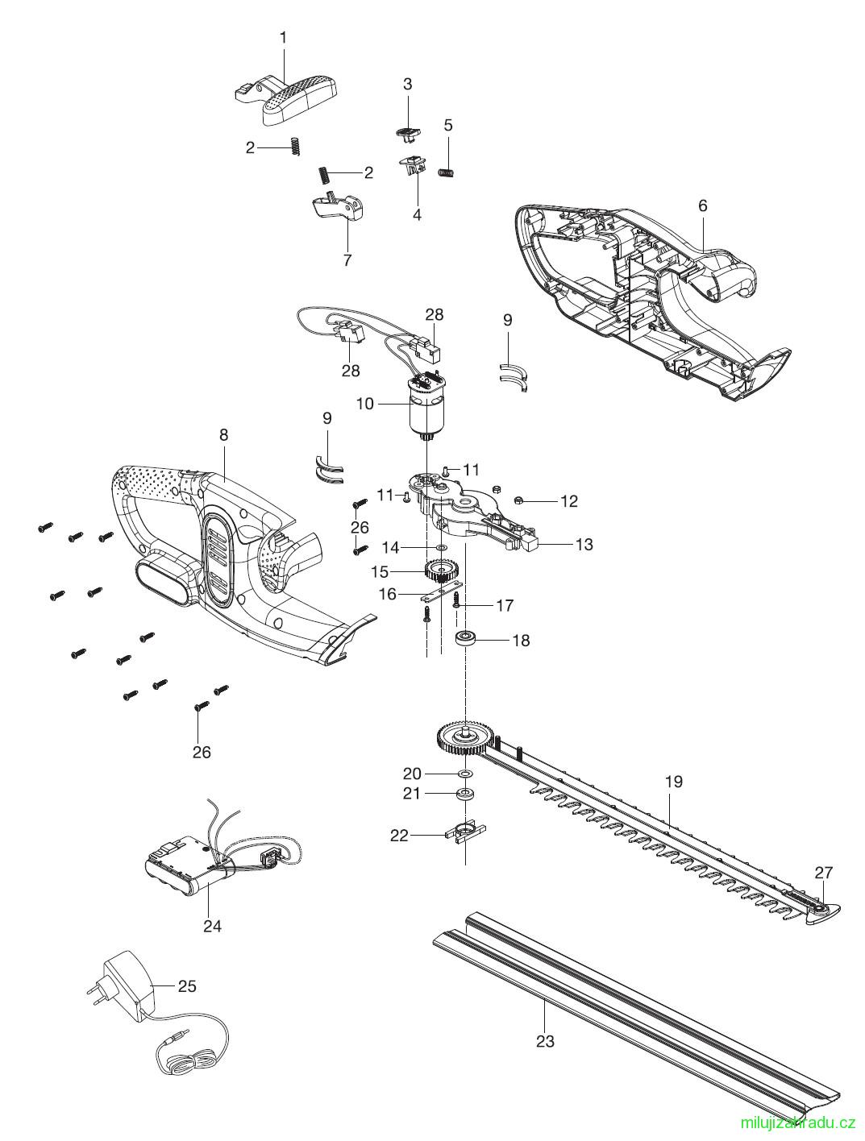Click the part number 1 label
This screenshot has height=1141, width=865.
coord(283,39)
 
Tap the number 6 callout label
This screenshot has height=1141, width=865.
coord(702,205)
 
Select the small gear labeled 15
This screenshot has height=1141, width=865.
coord(440,571)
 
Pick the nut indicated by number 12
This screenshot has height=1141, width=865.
coord(518,500)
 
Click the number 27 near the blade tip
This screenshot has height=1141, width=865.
coord(823,873)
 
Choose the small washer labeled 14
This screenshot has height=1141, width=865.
coord(441,547)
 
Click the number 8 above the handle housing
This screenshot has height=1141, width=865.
coord(223,435)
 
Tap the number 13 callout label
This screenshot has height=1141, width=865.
coord(584,544)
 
